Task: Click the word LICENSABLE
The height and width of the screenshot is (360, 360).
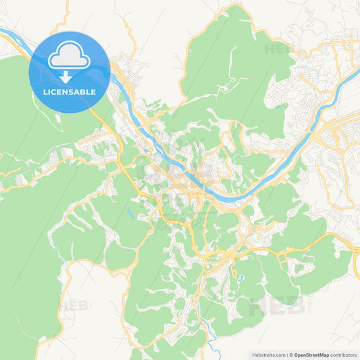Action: (x=70, y=91)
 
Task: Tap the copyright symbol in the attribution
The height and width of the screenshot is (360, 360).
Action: (x=291, y=354)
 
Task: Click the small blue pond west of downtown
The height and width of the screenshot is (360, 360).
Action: (x=129, y=214)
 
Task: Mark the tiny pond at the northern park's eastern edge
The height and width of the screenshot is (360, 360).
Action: (x=276, y=105)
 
